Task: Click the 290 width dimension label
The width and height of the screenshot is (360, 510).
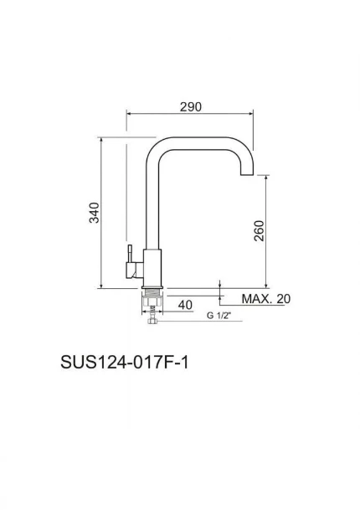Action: pyautogui.click(x=191, y=106)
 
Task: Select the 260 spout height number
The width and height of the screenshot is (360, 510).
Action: pyautogui.click(x=259, y=231)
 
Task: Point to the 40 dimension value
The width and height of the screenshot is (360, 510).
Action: pyautogui.click(x=185, y=304)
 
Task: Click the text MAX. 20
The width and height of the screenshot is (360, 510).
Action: pyautogui.click(x=265, y=299)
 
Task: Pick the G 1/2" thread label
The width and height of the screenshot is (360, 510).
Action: pyautogui.click(x=219, y=316)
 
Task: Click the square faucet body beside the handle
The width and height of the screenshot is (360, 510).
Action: pyautogui.click(x=152, y=267)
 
